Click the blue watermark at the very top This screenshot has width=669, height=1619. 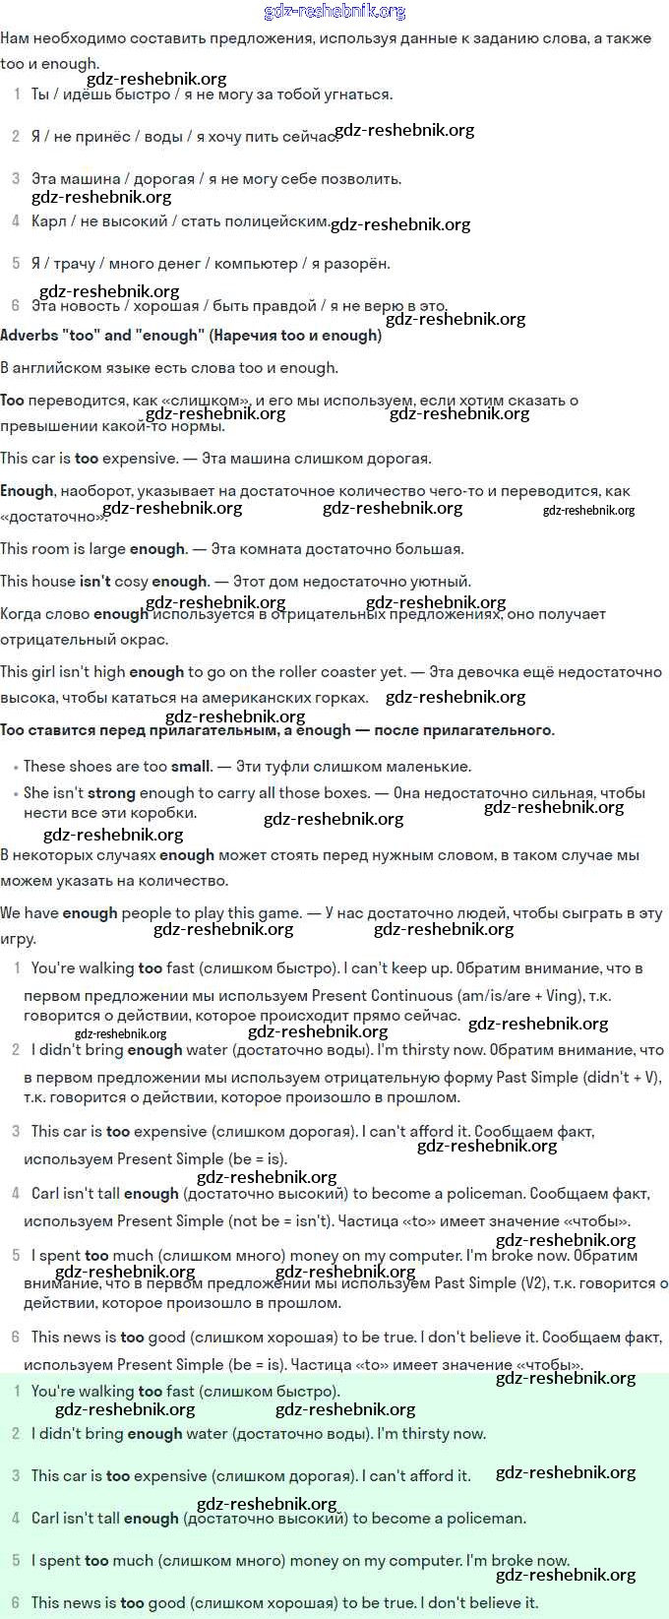click(x=334, y=12)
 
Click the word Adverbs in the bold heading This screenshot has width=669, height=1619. click(x=30, y=336)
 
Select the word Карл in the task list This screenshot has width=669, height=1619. click(x=48, y=221)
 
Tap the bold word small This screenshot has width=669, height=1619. click(x=191, y=767)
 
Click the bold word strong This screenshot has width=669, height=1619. click(x=111, y=793)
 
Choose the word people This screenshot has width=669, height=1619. click(x=145, y=913)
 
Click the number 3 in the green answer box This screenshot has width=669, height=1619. click(x=16, y=1476)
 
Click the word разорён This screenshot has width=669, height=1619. click(x=357, y=264)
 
